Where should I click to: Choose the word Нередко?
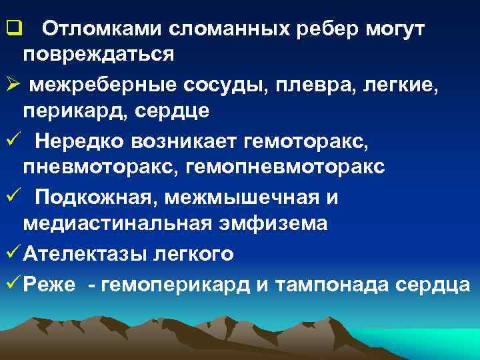coord(79,141)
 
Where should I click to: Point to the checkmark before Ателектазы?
coord(11,254)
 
